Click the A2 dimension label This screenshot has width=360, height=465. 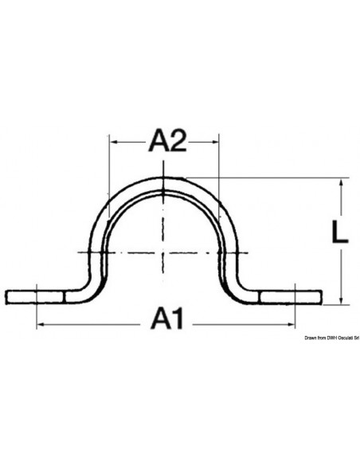coord(168,141)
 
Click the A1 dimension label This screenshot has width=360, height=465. coord(167,318)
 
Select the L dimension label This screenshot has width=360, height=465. coord(340,232)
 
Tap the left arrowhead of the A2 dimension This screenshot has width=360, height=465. coord(112,143)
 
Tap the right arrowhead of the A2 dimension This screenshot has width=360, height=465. coord(216,143)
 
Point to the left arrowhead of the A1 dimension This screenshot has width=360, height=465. coord(40,325)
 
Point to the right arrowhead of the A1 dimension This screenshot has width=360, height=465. coord(292,325)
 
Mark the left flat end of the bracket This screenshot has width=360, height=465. coord(6,297)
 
